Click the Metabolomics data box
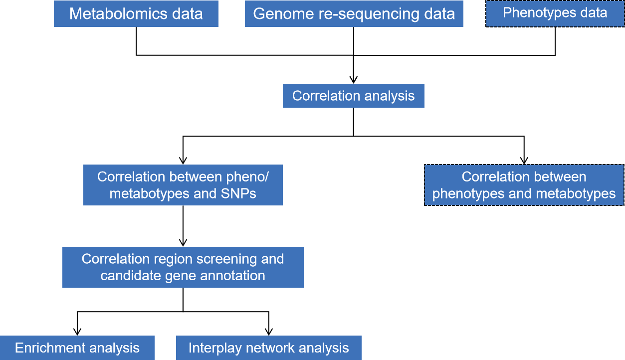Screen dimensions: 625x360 click(x=136, y=13)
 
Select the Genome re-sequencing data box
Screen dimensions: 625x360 click(x=354, y=13)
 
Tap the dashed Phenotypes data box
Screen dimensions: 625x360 click(x=555, y=13)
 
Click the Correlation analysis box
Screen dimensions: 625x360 click(x=354, y=96)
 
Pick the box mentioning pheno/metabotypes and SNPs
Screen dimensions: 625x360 click(x=183, y=185)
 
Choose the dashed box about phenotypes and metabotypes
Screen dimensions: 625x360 click(x=524, y=185)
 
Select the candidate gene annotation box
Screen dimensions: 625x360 click(x=183, y=267)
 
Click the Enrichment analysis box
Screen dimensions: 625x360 click(x=77, y=348)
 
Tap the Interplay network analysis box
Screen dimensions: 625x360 click(x=269, y=348)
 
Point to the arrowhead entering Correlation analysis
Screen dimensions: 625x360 click(x=354, y=80)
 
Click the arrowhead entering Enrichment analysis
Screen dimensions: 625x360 click(x=77, y=332)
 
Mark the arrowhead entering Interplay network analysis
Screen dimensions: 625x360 click(x=269, y=332)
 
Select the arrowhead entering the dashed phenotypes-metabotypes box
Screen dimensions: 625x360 click(x=524, y=161)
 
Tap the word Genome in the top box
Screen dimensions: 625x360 click(x=283, y=13)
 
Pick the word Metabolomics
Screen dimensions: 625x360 click(x=118, y=13)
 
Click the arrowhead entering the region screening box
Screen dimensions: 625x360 click(x=183, y=243)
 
